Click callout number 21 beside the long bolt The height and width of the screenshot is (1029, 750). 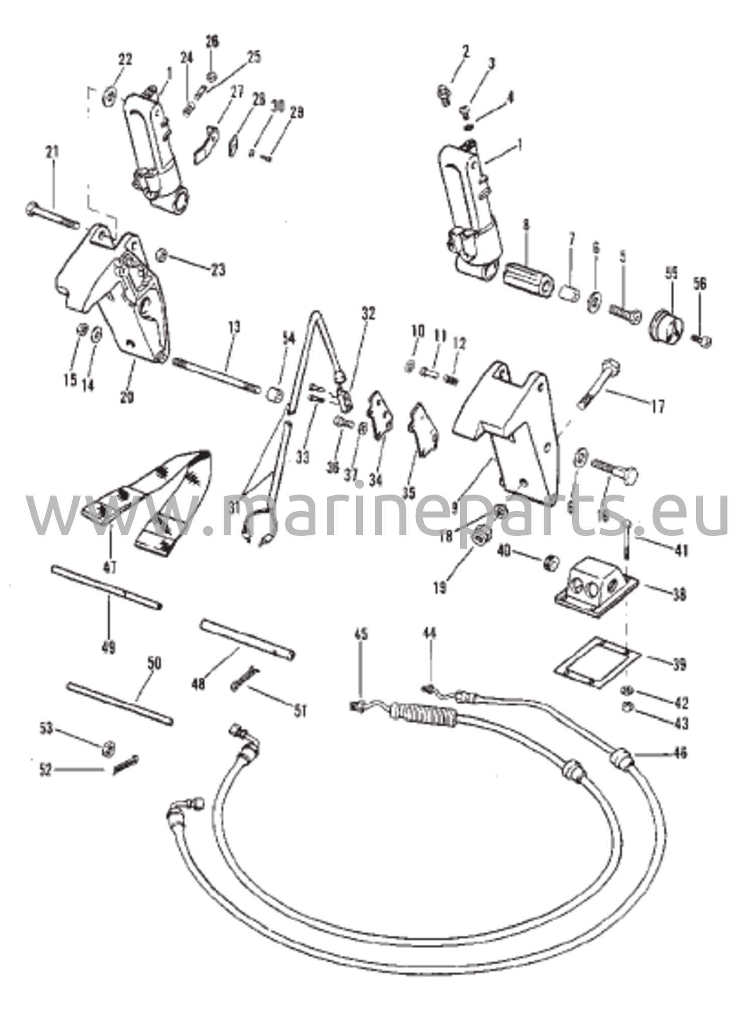coord(52,152)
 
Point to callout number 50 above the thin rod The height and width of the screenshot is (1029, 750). coord(154,664)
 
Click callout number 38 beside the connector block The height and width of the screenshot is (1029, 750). coord(679,595)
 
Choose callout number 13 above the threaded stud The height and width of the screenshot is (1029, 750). coord(234,327)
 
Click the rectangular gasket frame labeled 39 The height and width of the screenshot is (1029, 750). coord(597,661)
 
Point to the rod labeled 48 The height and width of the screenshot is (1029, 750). coord(247,639)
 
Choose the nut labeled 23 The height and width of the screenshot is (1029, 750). coord(162,256)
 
